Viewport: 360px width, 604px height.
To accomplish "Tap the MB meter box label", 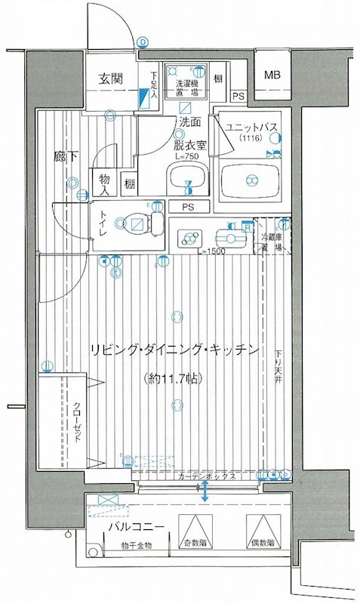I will (x=272, y=74).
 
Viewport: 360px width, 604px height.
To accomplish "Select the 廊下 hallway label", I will (x=64, y=158).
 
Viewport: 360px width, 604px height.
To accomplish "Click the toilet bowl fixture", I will (x=137, y=223).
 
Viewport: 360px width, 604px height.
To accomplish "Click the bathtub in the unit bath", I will (x=250, y=181).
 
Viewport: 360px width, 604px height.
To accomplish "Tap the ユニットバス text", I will (x=251, y=128).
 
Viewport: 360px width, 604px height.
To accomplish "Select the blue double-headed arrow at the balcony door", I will (x=205, y=490).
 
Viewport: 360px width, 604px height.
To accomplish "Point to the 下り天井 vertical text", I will (x=279, y=368).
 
